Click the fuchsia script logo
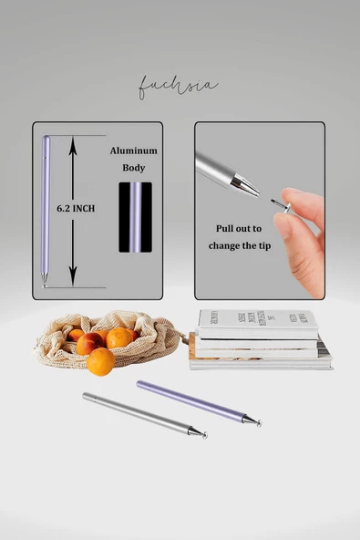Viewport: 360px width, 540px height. (178, 88)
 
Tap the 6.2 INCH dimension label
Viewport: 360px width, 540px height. (76, 209)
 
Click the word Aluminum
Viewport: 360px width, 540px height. (134, 150)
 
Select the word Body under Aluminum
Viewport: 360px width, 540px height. (134, 168)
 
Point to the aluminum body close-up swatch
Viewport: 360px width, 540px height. (134, 217)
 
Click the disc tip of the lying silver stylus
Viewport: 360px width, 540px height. (202, 434)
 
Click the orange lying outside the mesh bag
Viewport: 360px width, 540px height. (101, 362)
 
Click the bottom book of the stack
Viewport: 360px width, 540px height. (261, 362)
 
